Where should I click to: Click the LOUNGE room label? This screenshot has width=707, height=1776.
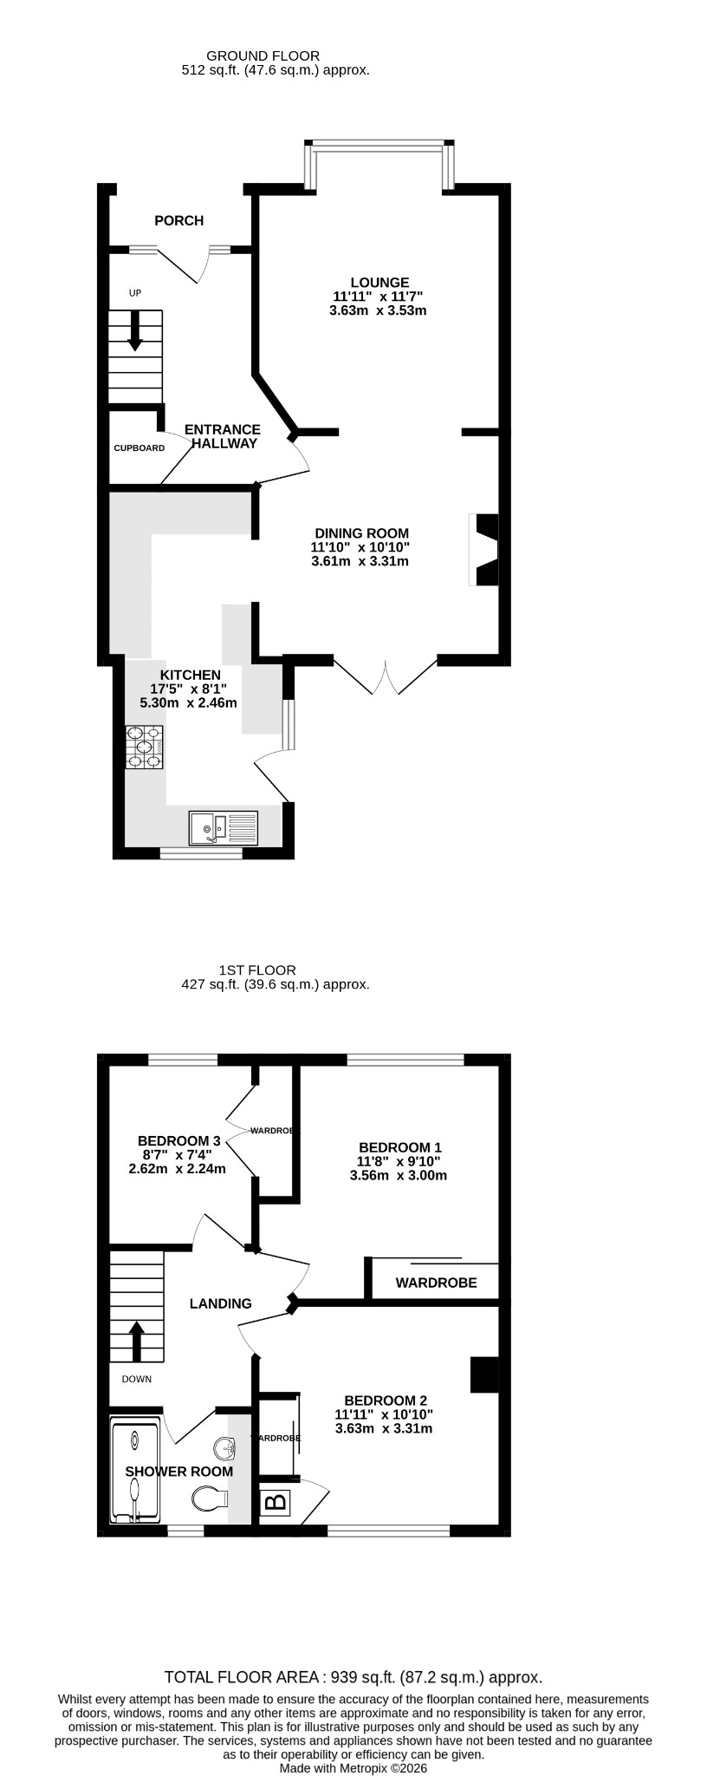point(379,282)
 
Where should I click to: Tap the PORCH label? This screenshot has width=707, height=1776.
point(179,220)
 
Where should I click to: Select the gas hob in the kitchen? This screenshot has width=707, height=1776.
point(145,747)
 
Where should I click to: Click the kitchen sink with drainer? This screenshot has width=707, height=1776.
point(224,827)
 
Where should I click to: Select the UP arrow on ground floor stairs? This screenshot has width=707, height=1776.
point(135,331)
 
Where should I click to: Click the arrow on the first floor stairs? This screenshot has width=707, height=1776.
point(136,1342)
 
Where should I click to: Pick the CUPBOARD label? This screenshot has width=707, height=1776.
point(139,448)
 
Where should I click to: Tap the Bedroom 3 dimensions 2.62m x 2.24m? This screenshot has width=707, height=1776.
point(177,1168)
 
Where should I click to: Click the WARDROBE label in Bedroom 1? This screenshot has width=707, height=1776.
point(436,1283)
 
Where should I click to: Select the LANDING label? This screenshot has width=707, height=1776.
point(221,1303)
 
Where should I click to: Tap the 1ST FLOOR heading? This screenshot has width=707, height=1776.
point(257,970)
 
